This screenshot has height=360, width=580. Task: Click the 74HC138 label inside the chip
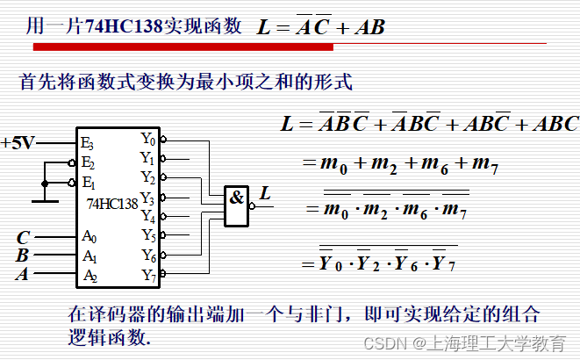(x=112, y=204)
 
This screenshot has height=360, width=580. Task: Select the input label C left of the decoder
(x=24, y=237)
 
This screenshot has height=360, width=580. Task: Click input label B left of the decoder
(x=22, y=256)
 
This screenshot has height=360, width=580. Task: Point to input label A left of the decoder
(x=21, y=275)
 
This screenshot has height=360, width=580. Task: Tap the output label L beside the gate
(x=265, y=192)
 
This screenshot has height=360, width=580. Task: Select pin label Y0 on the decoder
(x=147, y=139)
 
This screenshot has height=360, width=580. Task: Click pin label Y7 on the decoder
(x=147, y=276)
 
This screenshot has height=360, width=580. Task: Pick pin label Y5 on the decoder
(x=147, y=235)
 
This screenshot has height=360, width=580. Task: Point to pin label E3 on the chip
(x=87, y=142)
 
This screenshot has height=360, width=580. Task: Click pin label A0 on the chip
(x=89, y=237)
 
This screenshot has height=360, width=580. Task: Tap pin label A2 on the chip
(x=89, y=276)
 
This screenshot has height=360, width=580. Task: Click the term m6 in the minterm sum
(x=433, y=163)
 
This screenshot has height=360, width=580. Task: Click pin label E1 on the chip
(x=87, y=183)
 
